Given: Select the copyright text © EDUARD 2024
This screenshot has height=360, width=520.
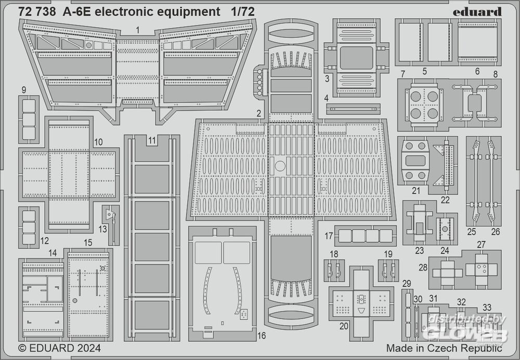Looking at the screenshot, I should click(x=59, y=348).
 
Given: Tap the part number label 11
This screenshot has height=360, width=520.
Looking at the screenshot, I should click(x=151, y=139).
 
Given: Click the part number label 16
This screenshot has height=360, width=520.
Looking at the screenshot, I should click(x=262, y=336).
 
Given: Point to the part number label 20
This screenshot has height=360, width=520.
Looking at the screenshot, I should click(x=344, y=326).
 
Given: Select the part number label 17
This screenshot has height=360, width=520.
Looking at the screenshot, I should click(x=329, y=236).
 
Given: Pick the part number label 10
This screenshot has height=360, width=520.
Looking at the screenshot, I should click(x=98, y=141).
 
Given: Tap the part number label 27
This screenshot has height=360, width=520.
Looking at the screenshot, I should click(x=481, y=245).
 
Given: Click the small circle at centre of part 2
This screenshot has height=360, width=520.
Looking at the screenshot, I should click(x=280, y=166).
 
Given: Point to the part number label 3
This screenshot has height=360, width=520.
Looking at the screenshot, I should click(x=327, y=79).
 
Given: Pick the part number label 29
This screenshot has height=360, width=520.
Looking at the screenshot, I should click(x=407, y=282).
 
